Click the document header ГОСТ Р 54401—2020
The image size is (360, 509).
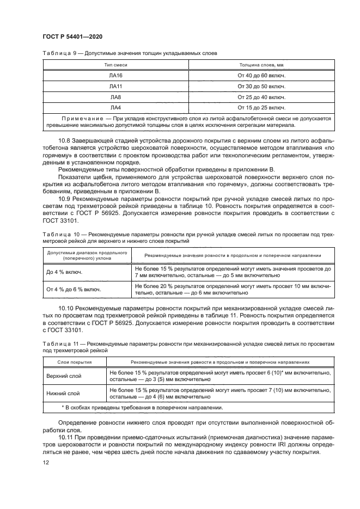coord(72,36)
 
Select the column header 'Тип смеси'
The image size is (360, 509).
coord(115,65)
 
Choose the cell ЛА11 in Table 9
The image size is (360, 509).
coord(115,86)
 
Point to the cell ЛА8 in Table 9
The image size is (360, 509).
coord(115,96)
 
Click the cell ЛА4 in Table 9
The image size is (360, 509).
coord(115,107)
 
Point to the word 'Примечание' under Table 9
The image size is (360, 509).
coord(82,118)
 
